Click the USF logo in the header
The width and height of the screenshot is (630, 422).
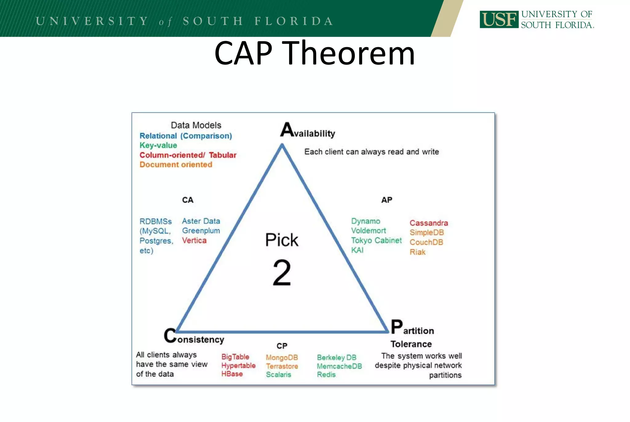point(499,19)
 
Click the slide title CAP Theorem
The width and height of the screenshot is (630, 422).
point(314,53)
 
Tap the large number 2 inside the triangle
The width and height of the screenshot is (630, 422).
point(281,272)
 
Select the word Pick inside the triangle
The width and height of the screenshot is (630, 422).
point(281,240)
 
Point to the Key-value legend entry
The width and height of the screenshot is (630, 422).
point(158,145)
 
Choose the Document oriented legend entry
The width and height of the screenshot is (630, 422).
point(176,164)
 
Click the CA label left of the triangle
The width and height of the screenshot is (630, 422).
point(188,200)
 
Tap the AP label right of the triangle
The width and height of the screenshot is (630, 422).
point(387,200)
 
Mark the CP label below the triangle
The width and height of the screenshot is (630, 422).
point(282,346)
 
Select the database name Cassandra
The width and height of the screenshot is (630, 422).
point(429,223)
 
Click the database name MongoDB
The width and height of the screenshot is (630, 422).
point(282,357)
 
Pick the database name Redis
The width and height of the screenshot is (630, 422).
point(326,375)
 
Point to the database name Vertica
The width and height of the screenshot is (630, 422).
point(194,240)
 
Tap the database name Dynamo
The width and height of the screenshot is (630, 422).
point(365,221)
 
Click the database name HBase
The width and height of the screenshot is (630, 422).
point(232,374)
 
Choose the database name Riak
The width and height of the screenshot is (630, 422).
point(417,252)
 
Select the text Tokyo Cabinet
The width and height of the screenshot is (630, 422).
point(376,240)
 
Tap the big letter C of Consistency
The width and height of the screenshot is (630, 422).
point(170,335)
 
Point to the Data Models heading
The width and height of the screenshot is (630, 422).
point(196,125)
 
